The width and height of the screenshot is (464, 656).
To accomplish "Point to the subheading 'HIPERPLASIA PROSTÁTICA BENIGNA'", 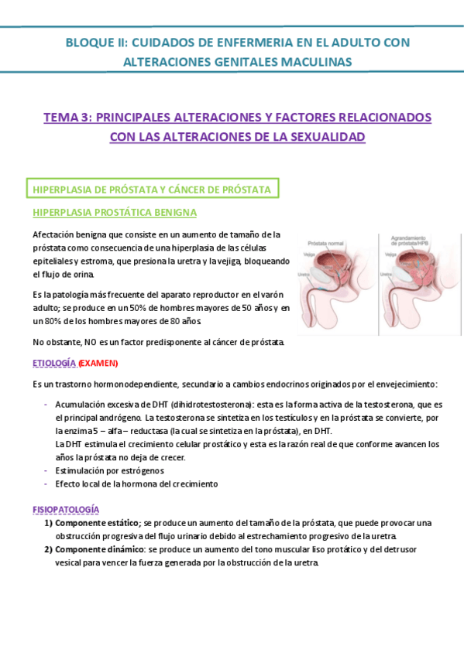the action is [114, 212].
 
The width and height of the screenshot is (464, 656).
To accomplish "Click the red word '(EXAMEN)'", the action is [98, 363].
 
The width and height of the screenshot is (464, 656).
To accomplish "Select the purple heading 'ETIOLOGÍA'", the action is [54, 363].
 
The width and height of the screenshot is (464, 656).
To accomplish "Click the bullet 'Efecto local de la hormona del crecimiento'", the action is [136, 483].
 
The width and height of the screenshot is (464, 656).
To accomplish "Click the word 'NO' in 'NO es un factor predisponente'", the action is [90, 341].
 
